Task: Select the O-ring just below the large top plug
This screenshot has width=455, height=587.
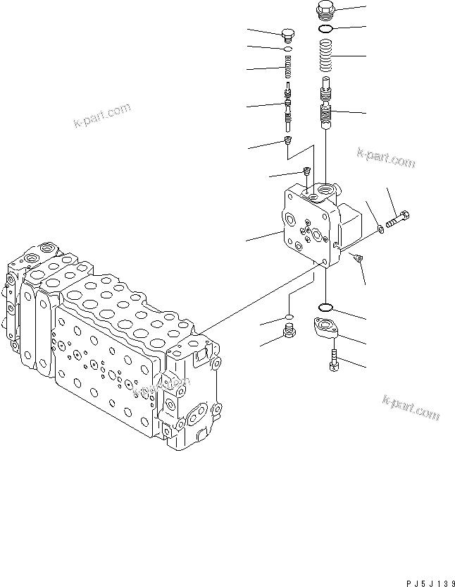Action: pyautogui.click(x=325, y=30)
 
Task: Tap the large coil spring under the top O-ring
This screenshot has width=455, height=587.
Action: pyautogui.click(x=326, y=56)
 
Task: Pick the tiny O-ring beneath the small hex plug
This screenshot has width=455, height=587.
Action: pyautogui.click(x=287, y=49)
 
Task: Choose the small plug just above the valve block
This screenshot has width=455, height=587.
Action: pyautogui.click(x=306, y=171)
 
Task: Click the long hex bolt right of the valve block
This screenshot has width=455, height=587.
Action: pyautogui.click(x=398, y=215)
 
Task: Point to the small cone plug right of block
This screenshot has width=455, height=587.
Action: pyautogui.click(x=358, y=259)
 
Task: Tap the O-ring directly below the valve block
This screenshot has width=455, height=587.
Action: pyautogui.click(x=326, y=308)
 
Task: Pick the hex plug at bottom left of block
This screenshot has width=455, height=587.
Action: pyautogui.click(x=287, y=331)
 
